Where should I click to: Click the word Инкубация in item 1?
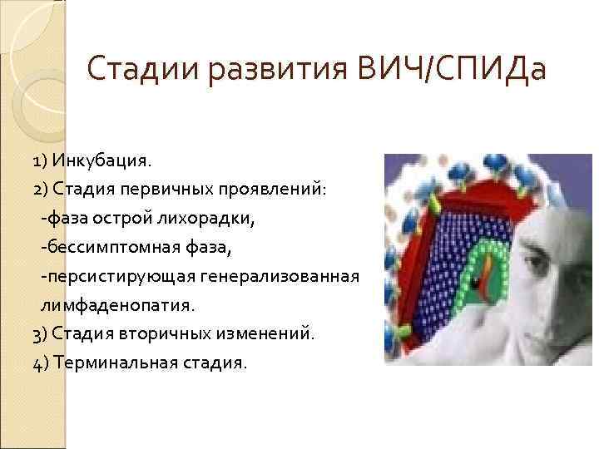(x=102, y=159)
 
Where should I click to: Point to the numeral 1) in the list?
(x=42, y=159)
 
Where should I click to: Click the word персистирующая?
(x=107, y=275)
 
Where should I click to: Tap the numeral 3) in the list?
(x=42, y=333)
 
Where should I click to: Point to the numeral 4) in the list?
(x=42, y=363)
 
